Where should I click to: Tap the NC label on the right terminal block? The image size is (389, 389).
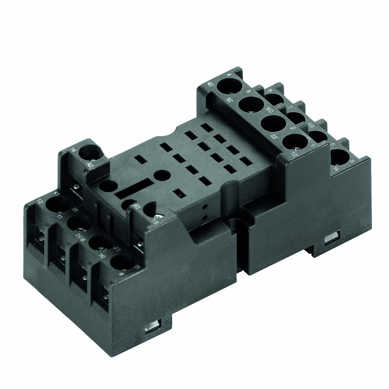[270, 110]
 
